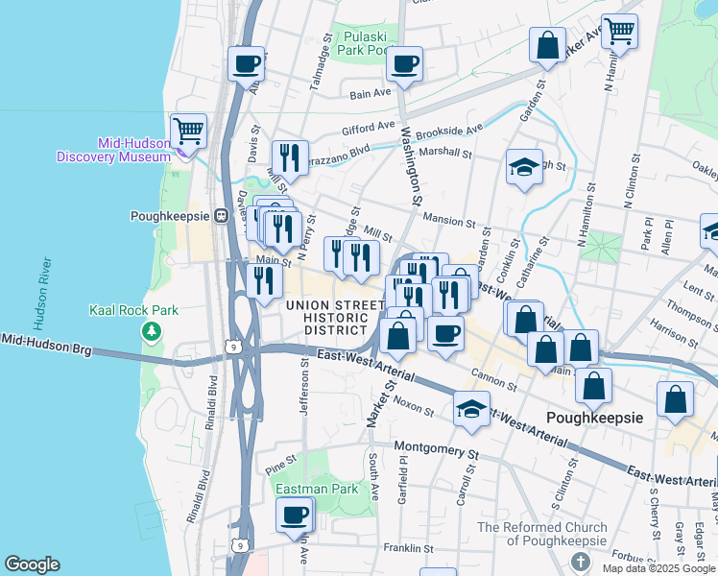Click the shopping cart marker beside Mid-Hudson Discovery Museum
pos(189,131)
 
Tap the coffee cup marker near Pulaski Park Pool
pos(404,65)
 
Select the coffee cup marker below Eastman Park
pos(294,515)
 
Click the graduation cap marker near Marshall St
pos(524,167)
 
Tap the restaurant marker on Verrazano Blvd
pos(289,156)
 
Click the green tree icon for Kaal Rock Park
pos(151,331)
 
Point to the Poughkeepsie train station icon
pos(220,216)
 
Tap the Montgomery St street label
pos(436,449)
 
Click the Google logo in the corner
pos(32,564)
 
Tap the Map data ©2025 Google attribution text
pos(659,568)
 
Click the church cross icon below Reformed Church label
pos(579,560)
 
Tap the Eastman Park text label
pos(316,489)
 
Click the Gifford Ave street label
pos(368,126)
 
